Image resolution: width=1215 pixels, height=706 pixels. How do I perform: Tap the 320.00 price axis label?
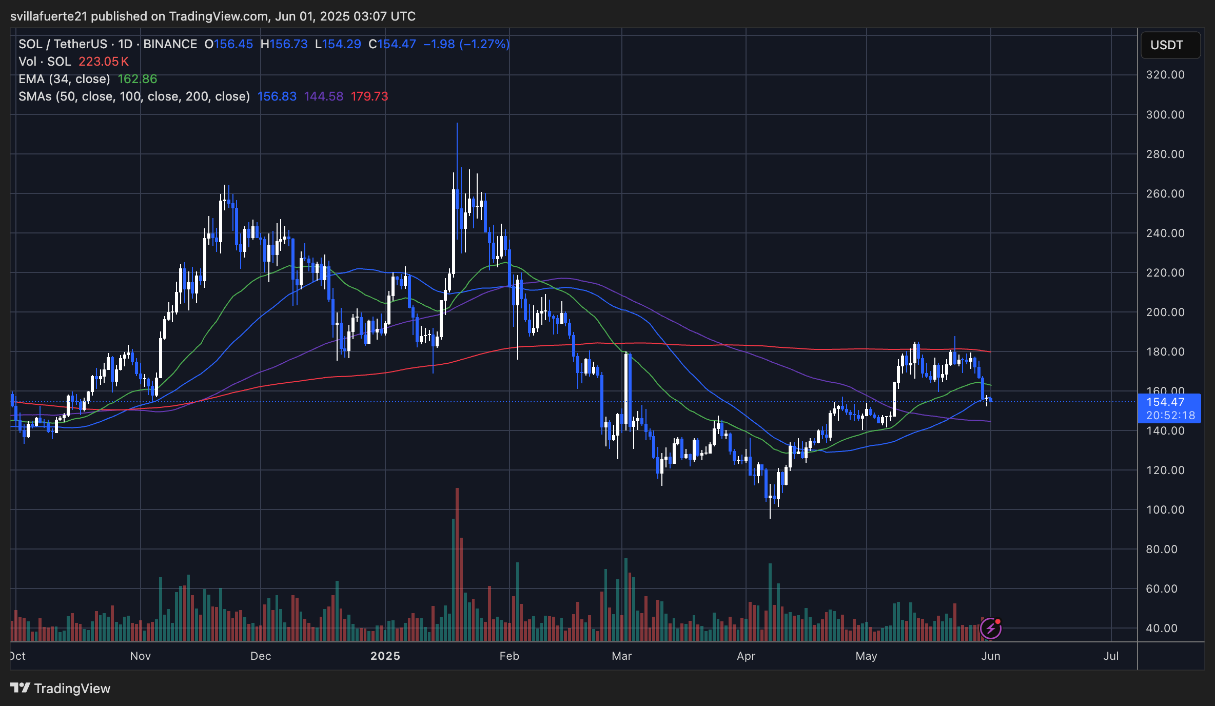point(1165,75)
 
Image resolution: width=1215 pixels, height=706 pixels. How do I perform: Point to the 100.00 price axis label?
point(1165,509)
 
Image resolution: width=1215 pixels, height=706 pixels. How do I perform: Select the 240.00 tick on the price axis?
point(1165,233)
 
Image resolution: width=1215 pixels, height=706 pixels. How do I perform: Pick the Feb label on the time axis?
point(509,656)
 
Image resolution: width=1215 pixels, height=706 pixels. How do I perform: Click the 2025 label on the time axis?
point(385,656)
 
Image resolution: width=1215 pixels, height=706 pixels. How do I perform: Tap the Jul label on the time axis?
point(1111,656)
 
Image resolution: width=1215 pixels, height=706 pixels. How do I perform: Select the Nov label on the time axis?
point(140,656)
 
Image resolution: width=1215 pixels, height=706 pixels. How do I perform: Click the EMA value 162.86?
point(138,79)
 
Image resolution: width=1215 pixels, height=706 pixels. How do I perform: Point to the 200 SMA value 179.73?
point(369,96)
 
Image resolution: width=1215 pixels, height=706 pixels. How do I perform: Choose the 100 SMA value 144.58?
point(323,96)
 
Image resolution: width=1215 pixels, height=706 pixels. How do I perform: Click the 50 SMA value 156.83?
point(277,96)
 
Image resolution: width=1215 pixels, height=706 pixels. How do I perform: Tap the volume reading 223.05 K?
point(104,62)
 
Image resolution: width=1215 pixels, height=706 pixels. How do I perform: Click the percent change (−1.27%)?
point(484,44)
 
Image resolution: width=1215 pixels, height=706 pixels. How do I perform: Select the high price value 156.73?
point(289,44)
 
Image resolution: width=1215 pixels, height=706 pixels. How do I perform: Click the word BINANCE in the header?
point(170,44)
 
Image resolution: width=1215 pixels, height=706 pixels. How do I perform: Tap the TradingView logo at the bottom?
point(61,688)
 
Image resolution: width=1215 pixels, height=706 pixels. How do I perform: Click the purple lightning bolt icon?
point(990,628)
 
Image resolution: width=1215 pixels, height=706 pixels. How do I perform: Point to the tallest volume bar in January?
point(457,564)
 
